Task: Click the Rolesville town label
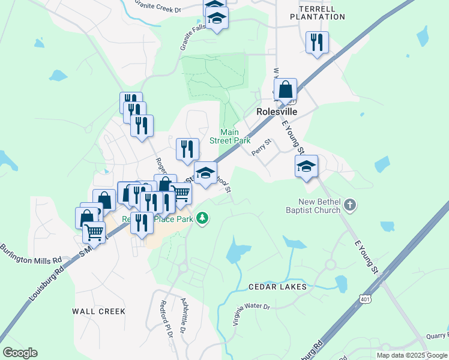coord(278,112)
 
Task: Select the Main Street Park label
coord(229,136)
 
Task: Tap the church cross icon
coord(351,206)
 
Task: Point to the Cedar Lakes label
coord(278,287)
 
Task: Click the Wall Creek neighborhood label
coord(99,311)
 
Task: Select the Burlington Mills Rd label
coord(31,254)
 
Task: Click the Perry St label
coord(262,148)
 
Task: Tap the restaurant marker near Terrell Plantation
coord(316,43)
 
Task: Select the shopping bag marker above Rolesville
coord(286,90)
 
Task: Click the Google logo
coord(20,353)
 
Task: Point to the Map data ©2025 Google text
coord(412,355)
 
